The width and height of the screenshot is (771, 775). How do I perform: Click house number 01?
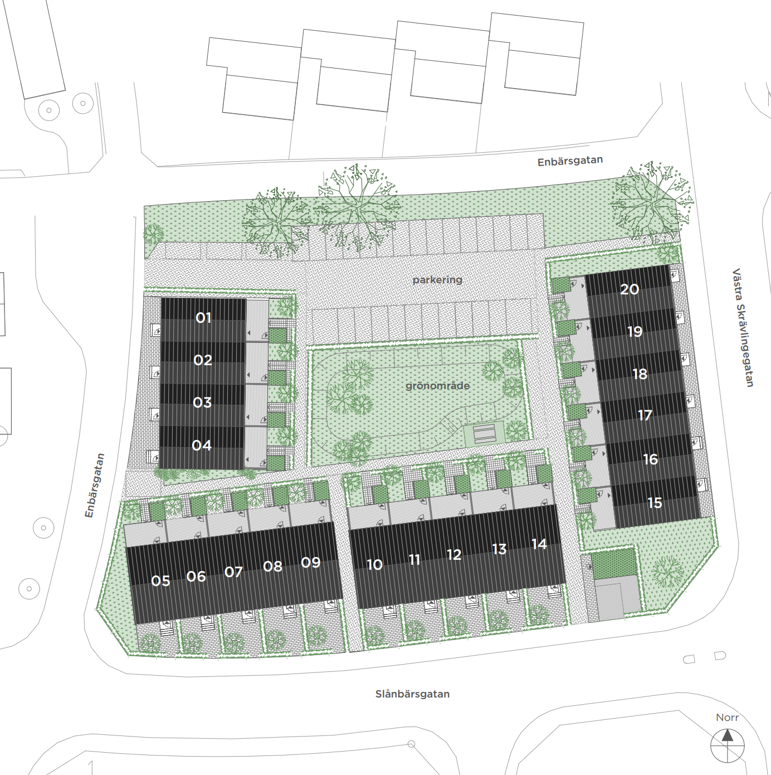[x=203, y=318]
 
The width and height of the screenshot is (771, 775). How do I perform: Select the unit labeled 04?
[x=202, y=445]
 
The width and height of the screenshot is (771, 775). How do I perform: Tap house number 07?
[x=233, y=572]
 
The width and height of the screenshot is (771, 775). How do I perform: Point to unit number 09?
[x=311, y=562]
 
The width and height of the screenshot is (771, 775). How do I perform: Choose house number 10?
[x=375, y=565]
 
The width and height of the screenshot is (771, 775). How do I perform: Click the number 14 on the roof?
[x=539, y=544]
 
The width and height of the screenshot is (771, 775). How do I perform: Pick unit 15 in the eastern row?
[x=655, y=503]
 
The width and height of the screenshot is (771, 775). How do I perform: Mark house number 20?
[x=630, y=289]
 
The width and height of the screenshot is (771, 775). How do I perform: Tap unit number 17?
[x=645, y=415]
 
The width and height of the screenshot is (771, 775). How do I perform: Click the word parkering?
[x=437, y=279]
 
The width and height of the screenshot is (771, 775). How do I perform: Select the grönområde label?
[x=437, y=386]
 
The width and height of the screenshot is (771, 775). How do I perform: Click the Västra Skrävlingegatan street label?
[x=742, y=327]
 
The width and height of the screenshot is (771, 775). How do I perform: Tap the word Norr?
[x=727, y=717]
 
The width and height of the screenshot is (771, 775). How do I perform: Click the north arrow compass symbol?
[x=727, y=745]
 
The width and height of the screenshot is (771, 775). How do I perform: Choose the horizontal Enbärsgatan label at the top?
[x=570, y=161]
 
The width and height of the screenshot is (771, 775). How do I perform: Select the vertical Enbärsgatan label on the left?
[x=95, y=486]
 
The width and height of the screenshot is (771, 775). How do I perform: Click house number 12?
[x=454, y=555]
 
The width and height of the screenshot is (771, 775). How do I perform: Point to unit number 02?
[x=203, y=360]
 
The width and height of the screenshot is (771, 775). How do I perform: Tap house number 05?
[x=160, y=581]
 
